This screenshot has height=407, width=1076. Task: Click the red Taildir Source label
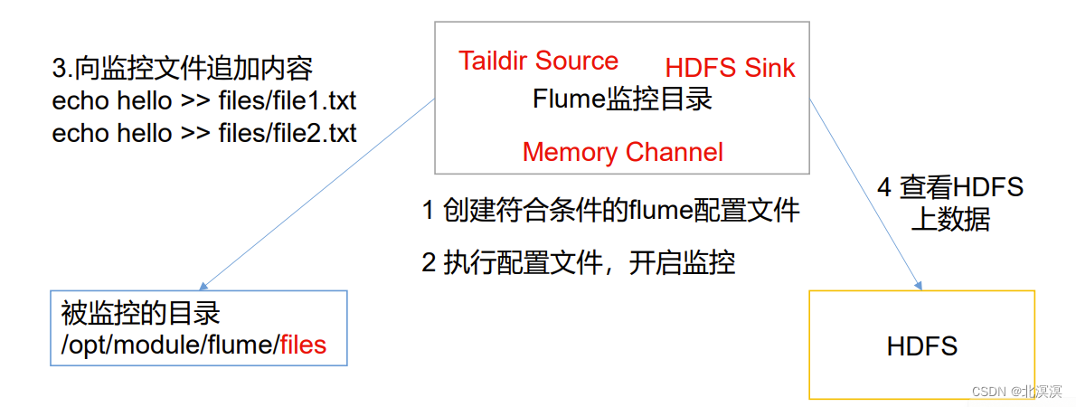538,61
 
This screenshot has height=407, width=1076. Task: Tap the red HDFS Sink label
730,68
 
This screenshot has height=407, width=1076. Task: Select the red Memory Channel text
622,152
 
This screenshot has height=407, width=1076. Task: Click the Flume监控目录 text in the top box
622,99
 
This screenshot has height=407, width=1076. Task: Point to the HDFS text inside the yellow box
921,345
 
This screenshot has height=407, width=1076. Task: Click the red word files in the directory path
303,345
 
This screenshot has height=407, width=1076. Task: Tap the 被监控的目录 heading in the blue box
140,314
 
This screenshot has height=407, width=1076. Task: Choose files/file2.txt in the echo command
288,133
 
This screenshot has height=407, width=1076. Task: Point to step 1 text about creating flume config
610,211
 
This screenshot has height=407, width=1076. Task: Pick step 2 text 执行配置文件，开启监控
579,262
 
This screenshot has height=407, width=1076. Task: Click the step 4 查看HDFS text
950,187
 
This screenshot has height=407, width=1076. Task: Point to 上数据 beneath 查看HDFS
950,219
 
